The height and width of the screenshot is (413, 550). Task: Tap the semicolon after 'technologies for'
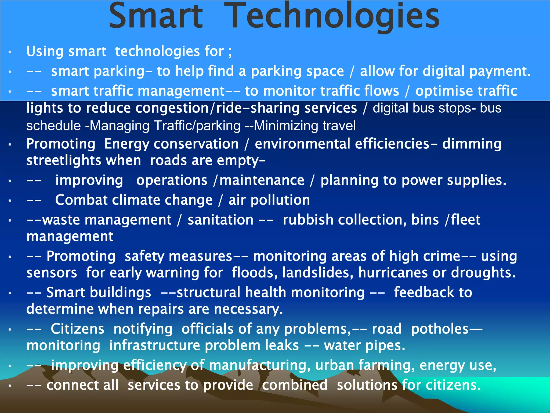[230, 52]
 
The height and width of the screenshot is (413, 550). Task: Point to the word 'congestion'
[172, 108]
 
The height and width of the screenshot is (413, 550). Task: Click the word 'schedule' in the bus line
[54, 126]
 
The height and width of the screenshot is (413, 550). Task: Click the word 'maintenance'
[262, 180]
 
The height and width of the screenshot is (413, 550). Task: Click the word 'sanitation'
[220, 220]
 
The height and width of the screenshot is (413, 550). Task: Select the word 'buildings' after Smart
[99, 293]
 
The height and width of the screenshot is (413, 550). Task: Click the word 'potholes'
[440, 329]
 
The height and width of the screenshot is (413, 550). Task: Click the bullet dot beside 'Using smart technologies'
[10, 52]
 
